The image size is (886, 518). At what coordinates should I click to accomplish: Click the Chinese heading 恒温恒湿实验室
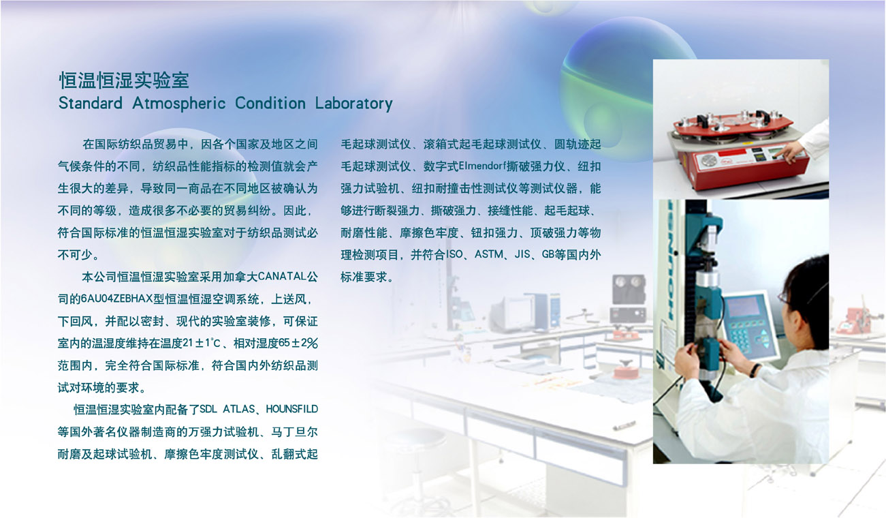[124, 80]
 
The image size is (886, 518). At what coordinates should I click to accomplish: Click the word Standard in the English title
[91, 104]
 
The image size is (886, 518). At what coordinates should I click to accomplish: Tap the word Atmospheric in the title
[179, 104]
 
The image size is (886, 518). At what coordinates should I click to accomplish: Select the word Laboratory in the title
[353, 104]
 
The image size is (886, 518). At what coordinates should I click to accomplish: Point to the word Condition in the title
[270, 104]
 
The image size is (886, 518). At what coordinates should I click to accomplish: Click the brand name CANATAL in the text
[282, 276]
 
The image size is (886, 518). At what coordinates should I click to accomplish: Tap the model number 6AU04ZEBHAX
[116, 299]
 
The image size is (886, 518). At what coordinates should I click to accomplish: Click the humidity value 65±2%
[298, 343]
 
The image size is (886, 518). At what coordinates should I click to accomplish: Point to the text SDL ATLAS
[227, 409]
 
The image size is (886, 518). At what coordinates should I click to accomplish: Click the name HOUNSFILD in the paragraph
[292, 409]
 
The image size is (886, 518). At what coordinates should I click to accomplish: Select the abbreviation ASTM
[489, 254]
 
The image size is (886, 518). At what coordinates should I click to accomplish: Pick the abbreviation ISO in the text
[454, 254]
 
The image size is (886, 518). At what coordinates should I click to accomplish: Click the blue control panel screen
[744, 307]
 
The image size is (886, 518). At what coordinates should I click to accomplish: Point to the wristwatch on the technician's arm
[755, 370]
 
